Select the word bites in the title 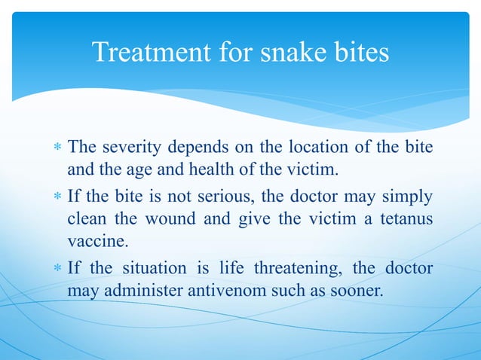361,53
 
